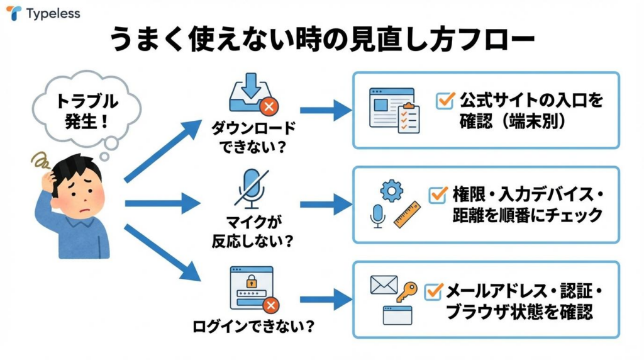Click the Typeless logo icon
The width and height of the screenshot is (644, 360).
pyautogui.click(x=14, y=13)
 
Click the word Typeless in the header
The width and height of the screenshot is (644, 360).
pyautogui.click(x=53, y=13)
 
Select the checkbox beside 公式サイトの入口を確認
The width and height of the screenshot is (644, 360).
pyautogui.click(x=445, y=100)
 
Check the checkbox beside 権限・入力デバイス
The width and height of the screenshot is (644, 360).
pyautogui.click(x=438, y=194)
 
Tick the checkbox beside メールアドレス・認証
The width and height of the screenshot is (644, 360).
pyautogui.click(x=434, y=291)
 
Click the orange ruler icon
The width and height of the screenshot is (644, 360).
pyautogui.click(x=407, y=214)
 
